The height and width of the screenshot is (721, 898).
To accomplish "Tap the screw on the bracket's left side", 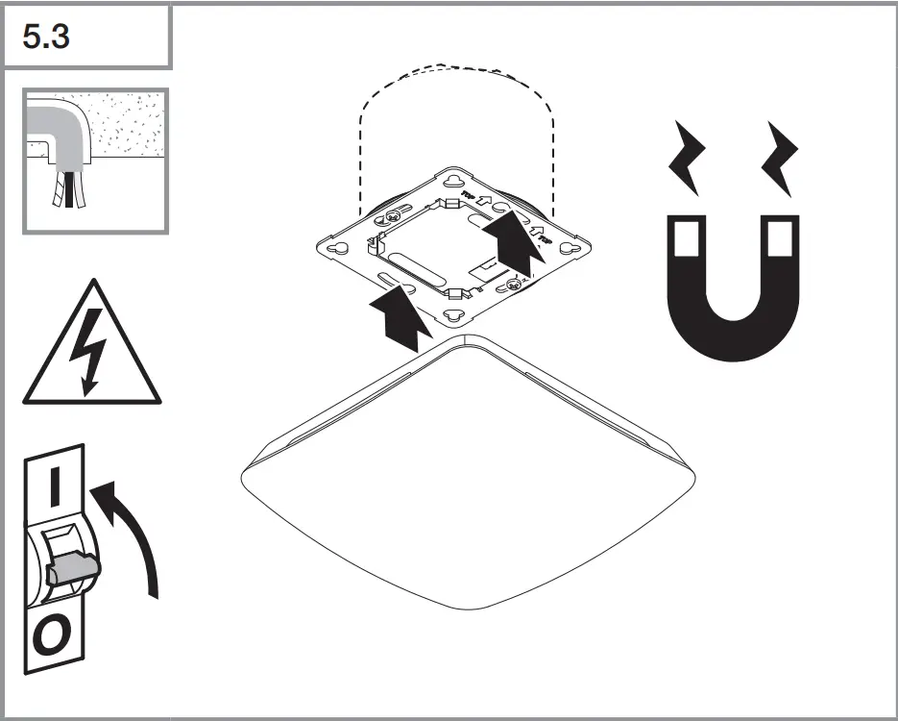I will pos(392,216).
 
